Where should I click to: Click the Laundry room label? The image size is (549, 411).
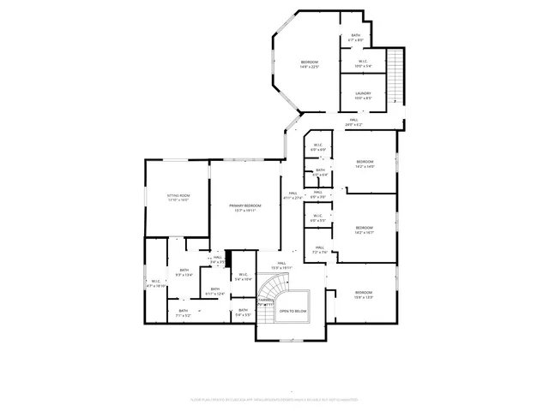(363, 95)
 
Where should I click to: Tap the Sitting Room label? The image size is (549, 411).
(178, 198)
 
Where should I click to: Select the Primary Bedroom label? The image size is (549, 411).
(244, 207)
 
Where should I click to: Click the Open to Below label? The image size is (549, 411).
(293, 311)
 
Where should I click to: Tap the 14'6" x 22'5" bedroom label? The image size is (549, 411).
(309, 65)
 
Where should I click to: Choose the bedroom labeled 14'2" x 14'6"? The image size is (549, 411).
(365, 164)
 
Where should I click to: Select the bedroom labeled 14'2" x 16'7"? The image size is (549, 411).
(365, 229)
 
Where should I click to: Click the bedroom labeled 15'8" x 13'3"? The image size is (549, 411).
(365, 295)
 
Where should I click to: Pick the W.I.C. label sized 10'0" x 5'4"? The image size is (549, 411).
(363, 63)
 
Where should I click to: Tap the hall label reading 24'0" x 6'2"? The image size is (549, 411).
(353, 123)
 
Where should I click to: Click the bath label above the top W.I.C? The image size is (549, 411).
(356, 38)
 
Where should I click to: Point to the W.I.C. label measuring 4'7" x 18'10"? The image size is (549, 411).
(156, 283)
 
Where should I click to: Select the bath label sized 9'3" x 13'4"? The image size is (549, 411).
(184, 273)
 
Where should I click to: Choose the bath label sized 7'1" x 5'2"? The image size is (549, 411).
(183, 313)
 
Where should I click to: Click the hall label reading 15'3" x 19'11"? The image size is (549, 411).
(281, 265)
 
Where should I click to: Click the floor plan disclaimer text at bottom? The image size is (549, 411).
(274, 399)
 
